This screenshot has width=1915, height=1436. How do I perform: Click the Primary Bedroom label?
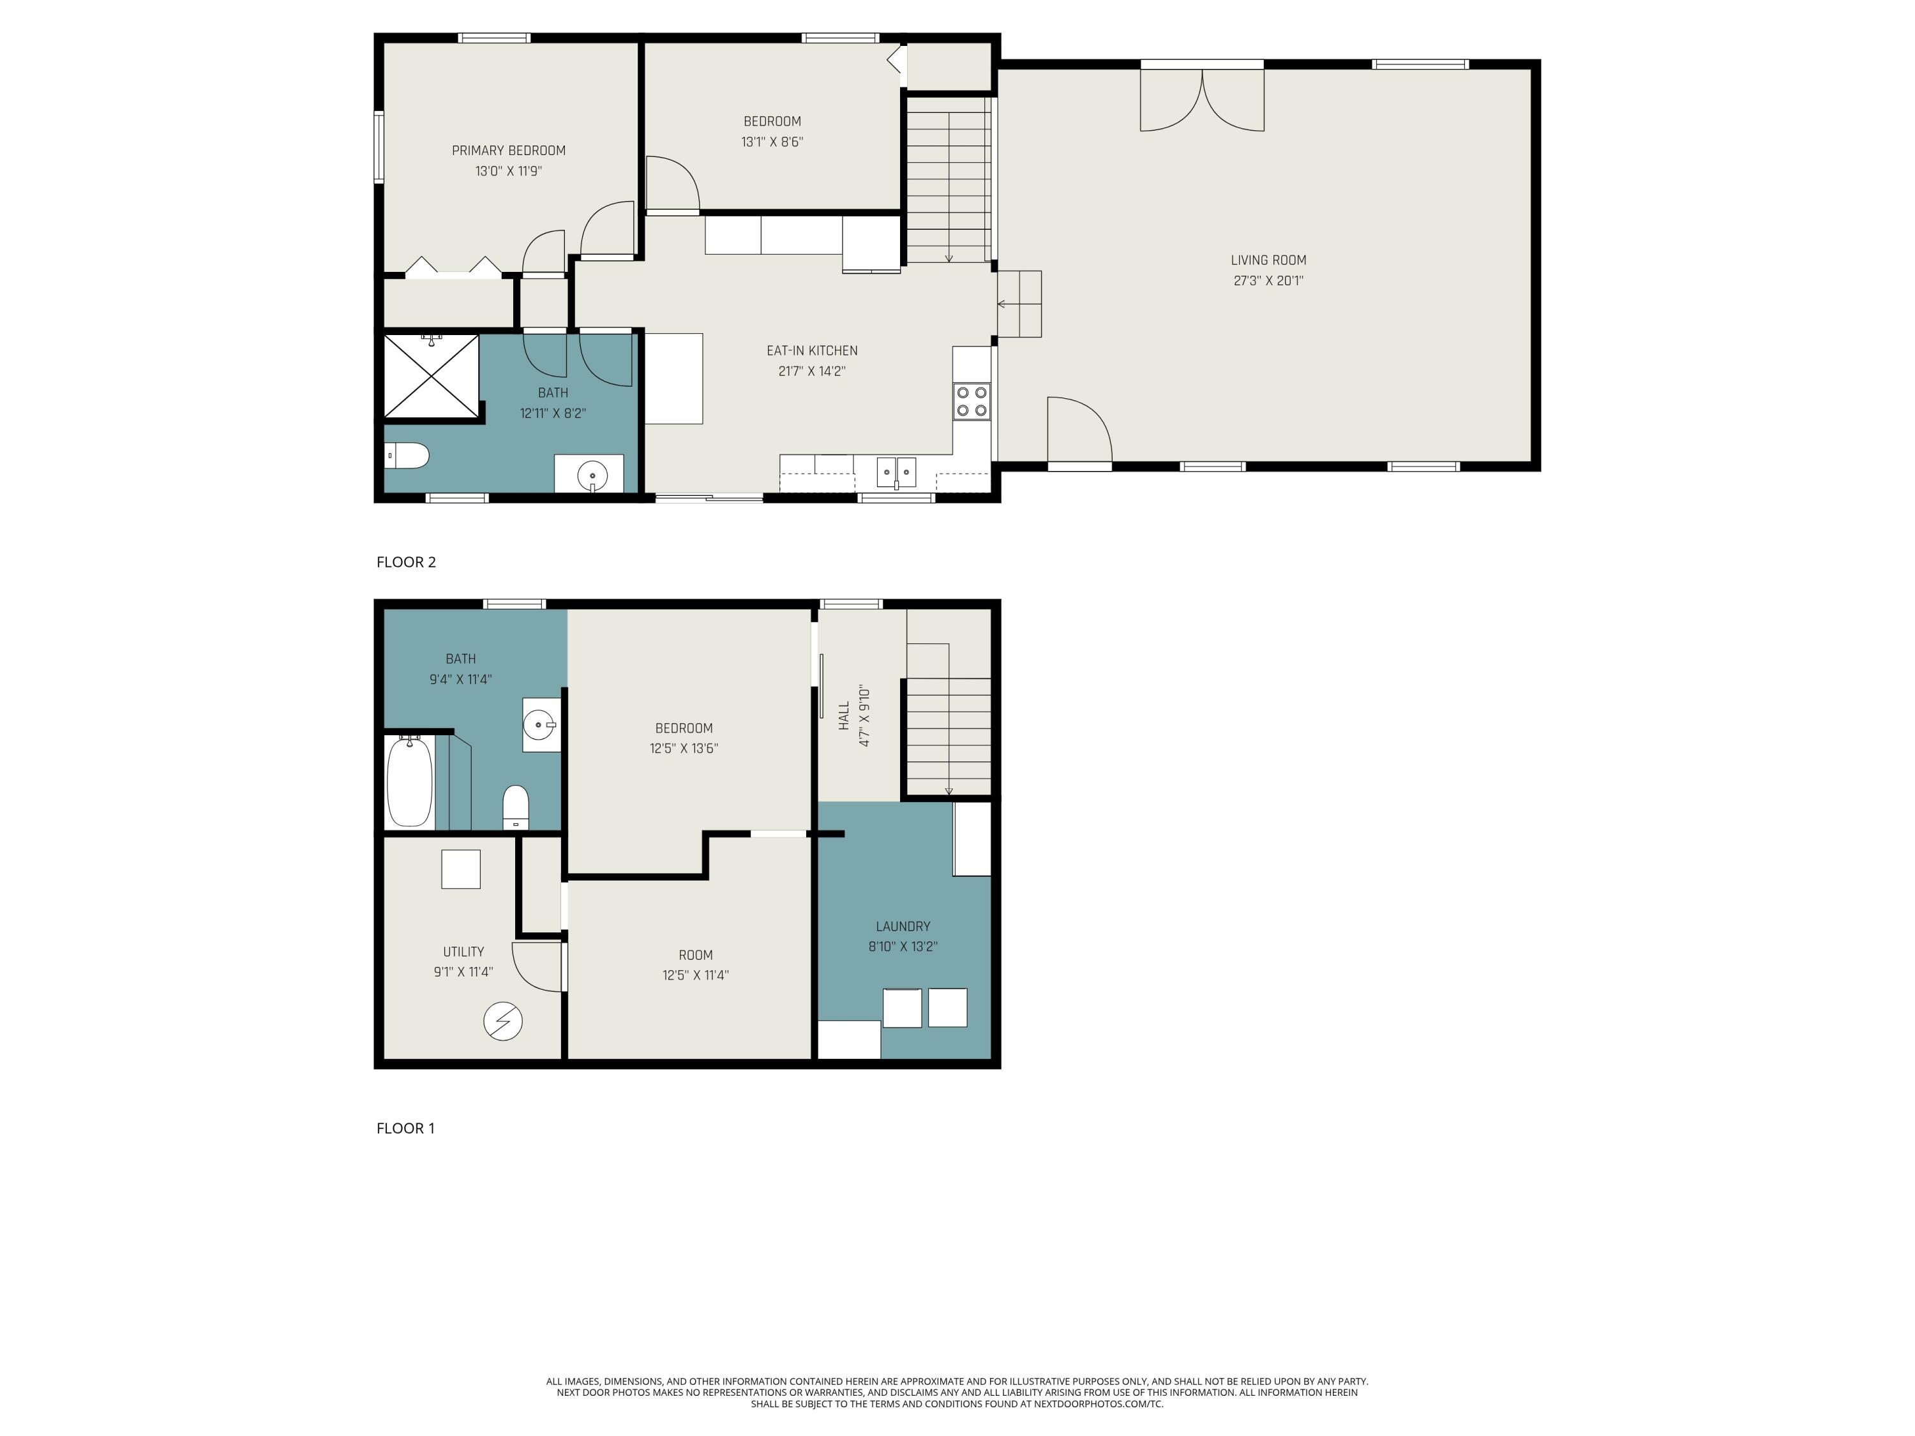coord(508,151)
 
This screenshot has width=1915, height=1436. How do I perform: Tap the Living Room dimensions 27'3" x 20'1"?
coord(1268,280)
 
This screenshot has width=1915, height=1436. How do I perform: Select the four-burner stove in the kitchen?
coord(972,401)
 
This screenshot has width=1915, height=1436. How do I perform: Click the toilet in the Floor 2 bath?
coord(407,455)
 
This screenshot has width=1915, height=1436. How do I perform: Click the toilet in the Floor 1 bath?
coord(515,807)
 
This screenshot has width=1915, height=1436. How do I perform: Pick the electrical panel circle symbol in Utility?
coord(503,1021)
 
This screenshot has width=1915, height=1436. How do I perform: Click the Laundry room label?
coord(903,926)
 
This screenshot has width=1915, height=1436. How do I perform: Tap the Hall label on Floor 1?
coord(844,716)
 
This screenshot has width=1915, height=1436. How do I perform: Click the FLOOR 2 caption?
coord(406,563)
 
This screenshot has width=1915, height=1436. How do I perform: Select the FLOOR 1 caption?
coord(405,1129)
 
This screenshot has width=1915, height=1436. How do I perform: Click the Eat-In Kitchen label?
coord(812,350)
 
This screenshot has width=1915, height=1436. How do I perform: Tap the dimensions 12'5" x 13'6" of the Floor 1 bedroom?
coord(684,749)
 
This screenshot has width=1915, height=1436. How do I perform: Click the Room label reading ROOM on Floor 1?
coord(695,955)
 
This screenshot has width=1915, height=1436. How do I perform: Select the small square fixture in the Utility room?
coord(461,870)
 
